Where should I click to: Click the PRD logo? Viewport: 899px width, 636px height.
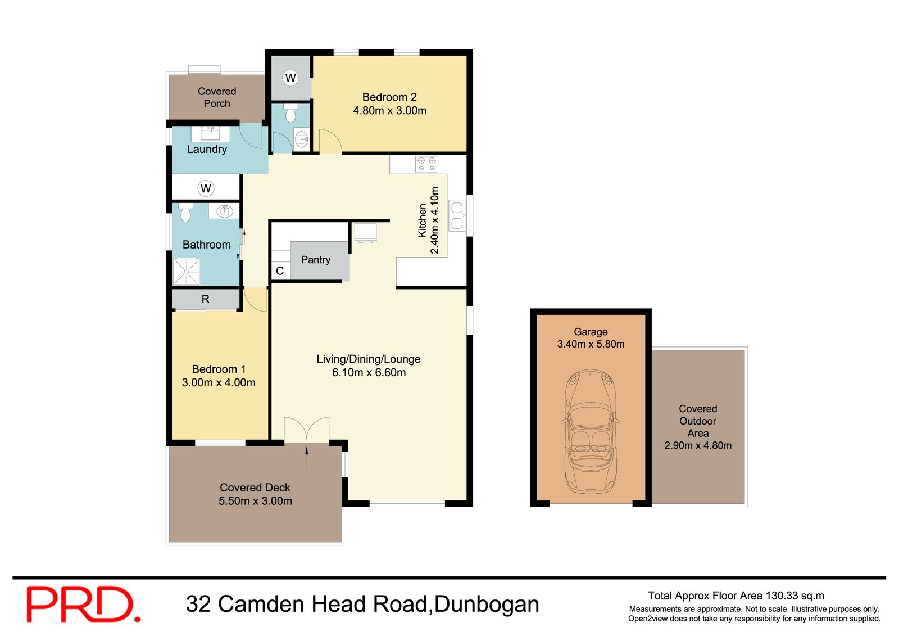pos(83,604)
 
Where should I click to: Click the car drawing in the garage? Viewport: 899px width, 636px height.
pos(591,431)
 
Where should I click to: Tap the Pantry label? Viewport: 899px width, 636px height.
pos(316,260)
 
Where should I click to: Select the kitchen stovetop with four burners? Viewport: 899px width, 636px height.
pos(426,164)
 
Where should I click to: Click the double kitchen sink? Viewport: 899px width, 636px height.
pos(457,216)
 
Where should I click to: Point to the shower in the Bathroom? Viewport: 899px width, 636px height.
pos(186,272)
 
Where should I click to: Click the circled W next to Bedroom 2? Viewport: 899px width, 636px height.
pos(290,78)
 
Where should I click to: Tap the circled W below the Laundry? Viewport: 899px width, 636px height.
pos(206,188)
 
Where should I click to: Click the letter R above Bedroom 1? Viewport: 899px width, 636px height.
pos(206,299)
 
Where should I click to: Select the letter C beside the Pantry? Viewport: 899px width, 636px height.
pos(280,271)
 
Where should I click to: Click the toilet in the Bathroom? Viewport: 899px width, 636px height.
pos(185,213)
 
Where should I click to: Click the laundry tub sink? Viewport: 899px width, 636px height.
pos(211,134)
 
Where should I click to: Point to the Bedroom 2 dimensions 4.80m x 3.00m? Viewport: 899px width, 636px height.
pos(389,111)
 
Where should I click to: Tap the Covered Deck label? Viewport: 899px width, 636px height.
pos(255,488)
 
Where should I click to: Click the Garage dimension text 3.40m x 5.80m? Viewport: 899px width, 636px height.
pos(591,344)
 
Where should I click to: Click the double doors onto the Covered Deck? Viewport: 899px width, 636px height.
pos(307,430)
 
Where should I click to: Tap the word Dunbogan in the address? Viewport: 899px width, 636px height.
pos(487,604)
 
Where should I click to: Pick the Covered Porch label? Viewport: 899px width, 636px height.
pos(217,97)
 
